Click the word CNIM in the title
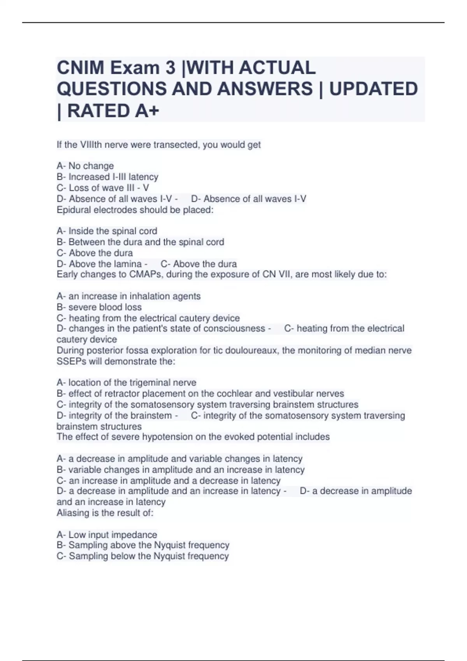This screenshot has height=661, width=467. [x=81, y=68]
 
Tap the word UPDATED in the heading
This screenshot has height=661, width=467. [x=374, y=89]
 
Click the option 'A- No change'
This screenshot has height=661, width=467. [x=85, y=166]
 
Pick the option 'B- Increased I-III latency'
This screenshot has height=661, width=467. [x=107, y=177]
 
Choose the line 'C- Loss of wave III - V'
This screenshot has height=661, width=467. [x=103, y=188]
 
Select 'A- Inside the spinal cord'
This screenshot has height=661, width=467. [x=107, y=231]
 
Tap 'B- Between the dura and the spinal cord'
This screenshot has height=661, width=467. [x=140, y=242]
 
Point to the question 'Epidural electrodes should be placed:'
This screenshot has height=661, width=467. [x=135, y=210]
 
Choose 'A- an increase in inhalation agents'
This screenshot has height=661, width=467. [x=128, y=296]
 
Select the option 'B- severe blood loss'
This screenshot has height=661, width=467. [x=99, y=307]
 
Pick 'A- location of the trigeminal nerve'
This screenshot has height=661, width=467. [x=126, y=383]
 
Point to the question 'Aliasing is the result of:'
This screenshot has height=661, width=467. [x=105, y=513]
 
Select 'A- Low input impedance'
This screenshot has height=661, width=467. [x=107, y=535]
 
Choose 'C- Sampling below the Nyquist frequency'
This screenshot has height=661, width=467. [x=143, y=556]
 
